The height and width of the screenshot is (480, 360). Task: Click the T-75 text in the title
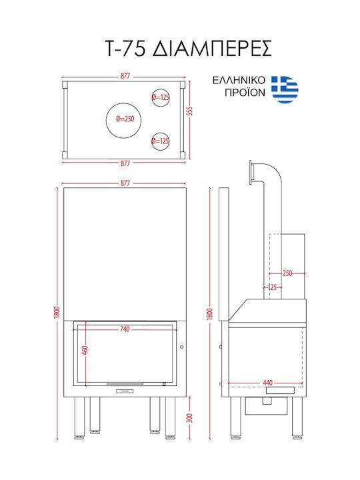pos(125,49)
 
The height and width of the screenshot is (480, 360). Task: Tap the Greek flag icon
pos(285,89)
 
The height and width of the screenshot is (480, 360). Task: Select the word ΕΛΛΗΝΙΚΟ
pos(239,81)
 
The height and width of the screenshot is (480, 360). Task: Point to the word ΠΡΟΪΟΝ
pos(245,92)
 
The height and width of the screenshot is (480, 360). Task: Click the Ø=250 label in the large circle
pos(125,119)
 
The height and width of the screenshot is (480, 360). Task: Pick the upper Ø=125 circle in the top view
pos(161,97)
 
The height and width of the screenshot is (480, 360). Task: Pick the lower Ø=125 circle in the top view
pos(161,141)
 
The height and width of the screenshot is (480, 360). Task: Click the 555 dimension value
pos(190,111)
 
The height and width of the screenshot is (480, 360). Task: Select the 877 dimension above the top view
pos(125,76)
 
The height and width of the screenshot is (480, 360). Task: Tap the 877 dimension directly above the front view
pos(125,183)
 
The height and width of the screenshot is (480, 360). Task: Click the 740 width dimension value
pos(125,329)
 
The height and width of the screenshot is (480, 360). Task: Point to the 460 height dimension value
pos(85,349)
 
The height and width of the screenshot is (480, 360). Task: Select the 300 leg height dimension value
pos(190,418)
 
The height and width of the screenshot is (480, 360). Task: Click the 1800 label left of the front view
pos(57,312)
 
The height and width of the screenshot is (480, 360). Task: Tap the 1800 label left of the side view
pos(210,314)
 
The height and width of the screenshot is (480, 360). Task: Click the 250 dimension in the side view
pos(287,273)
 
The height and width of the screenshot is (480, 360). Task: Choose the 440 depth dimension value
pos(268,383)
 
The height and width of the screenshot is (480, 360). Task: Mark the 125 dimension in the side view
pos(272,287)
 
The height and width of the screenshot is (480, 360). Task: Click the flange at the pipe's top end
pos(251,173)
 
